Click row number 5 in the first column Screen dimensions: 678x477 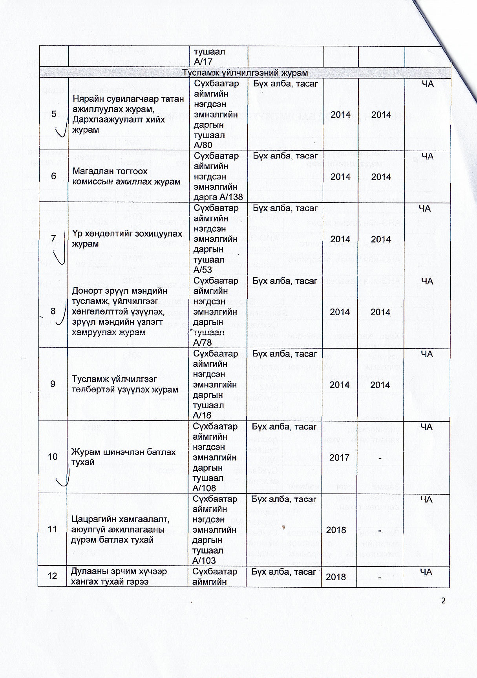[53, 114]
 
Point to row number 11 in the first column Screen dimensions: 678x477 [52, 529]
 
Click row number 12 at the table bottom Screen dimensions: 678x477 [52, 576]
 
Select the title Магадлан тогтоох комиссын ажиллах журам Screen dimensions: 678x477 [126, 176]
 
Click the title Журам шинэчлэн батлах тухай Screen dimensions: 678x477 [123, 457]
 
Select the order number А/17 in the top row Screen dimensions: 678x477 [203, 62]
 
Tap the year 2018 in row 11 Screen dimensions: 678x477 [336, 530]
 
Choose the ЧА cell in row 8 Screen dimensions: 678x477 [427, 281]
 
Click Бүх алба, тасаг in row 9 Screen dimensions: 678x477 [285, 354]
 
